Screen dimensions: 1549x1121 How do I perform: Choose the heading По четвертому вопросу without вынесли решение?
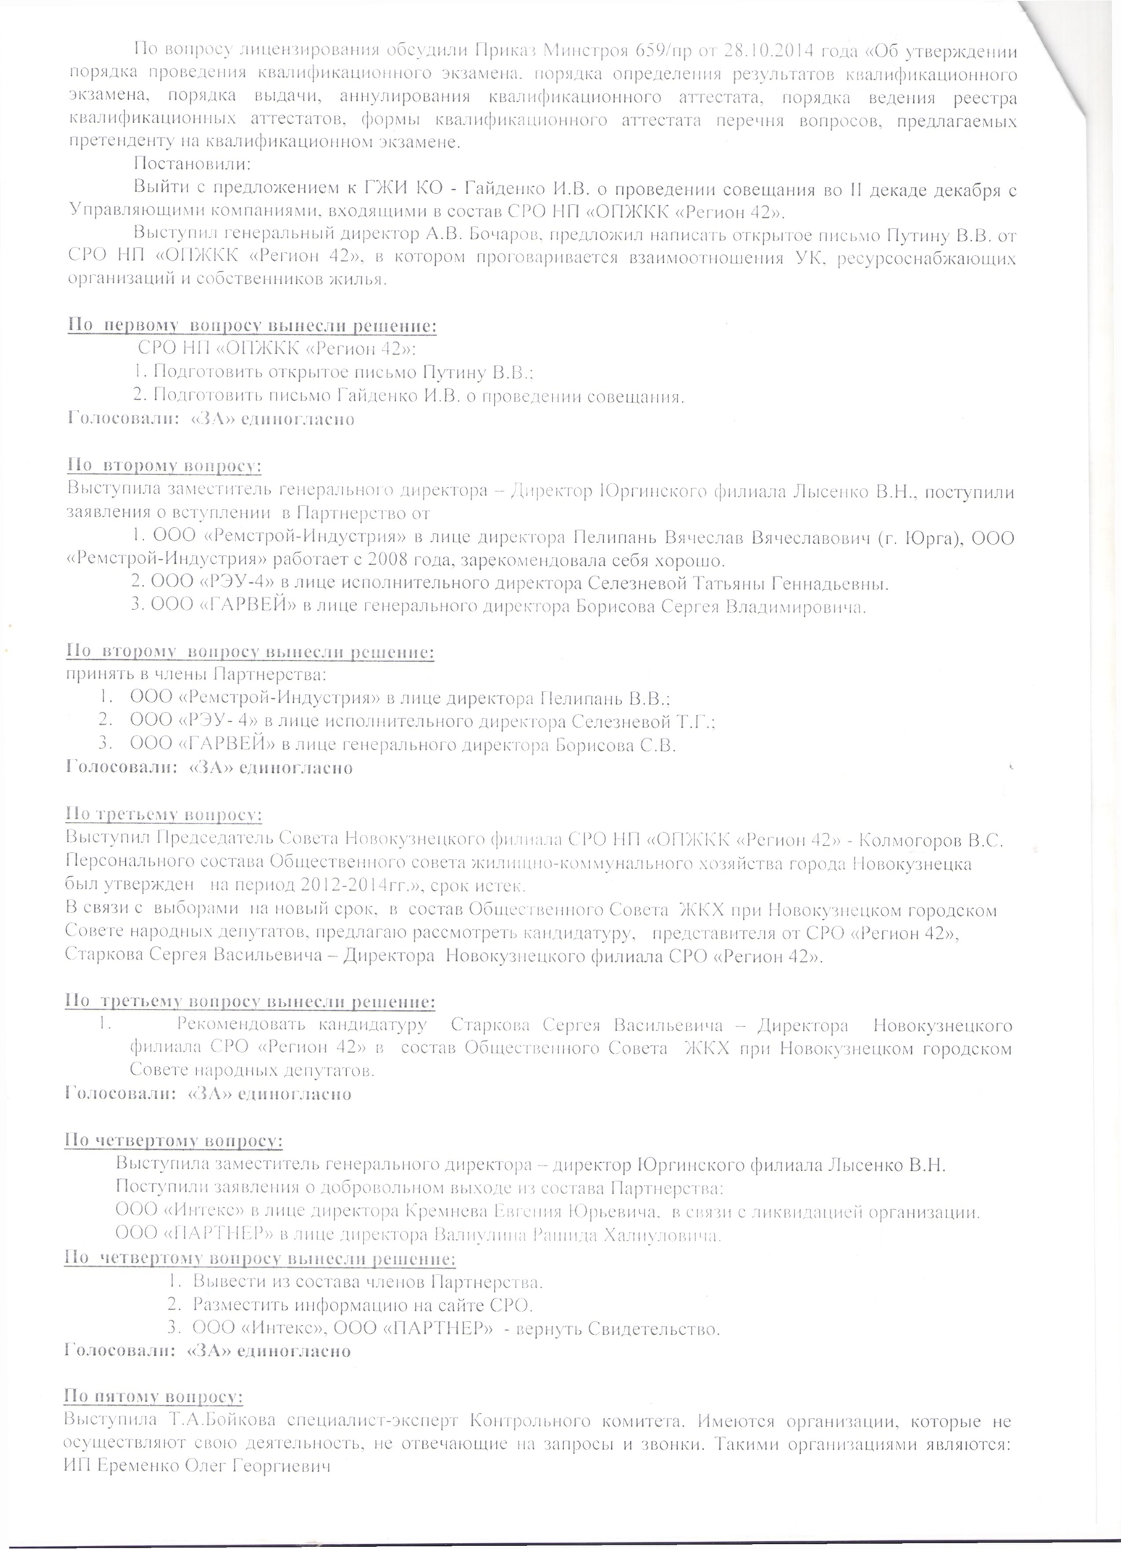coord(174,1141)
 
